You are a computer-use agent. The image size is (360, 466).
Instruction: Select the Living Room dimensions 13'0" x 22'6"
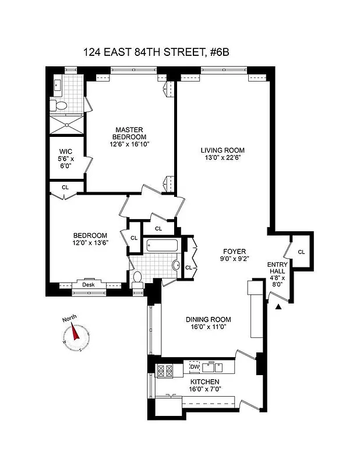(218, 157)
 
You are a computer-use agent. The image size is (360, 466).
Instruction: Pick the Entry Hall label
(277, 268)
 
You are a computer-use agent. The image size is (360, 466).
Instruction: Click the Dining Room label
(208, 319)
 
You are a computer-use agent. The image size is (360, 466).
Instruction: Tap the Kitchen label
(203, 382)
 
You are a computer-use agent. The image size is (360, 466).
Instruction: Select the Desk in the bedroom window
(88, 284)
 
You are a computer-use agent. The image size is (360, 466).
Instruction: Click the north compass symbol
(76, 336)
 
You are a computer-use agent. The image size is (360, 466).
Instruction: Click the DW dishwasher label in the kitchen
(194, 367)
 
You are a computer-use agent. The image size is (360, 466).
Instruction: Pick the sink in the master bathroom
(57, 85)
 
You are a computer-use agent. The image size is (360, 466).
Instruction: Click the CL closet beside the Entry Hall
(301, 252)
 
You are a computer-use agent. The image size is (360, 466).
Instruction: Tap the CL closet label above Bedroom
(65, 188)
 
